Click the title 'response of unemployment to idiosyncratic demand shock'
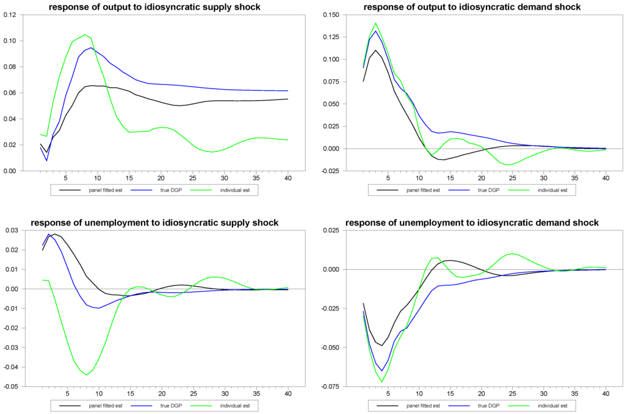point(472,223)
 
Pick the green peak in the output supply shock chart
point(85,35)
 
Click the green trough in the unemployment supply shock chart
point(86,375)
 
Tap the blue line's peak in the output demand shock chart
point(375,31)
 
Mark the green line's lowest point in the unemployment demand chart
point(382,382)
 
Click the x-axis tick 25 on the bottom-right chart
point(511,394)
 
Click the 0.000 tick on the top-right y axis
point(326,149)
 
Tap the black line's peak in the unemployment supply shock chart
point(55,234)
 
